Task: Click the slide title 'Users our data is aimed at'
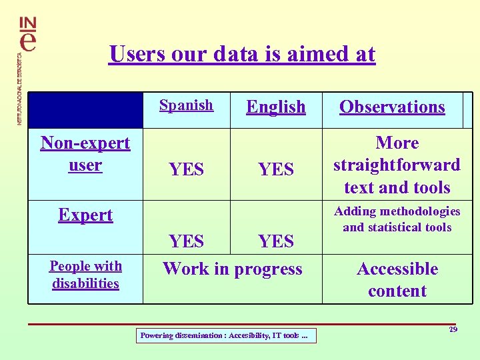tap(242, 53)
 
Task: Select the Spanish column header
tap(186, 105)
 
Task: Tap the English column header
tap(275, 107)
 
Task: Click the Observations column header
tap(392, 107)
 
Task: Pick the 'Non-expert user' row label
tap(85, 154)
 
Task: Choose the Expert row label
tap(85, 215)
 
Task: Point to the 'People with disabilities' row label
tap(85, 275)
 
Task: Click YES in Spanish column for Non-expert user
tap(186, 170)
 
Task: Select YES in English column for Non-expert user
tap(275, 170)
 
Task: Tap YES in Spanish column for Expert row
tap(186, 241)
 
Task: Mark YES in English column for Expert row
tap(275, 241)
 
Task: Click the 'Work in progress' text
tap(232, 269)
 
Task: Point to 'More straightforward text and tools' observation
tap(397, 165)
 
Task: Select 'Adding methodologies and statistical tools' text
tap(397, 219)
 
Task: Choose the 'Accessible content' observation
tap(397, 280)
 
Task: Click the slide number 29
tap(453, 329)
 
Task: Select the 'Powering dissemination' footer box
tap(225, 336)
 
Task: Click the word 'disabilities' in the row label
tap(85, 283)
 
